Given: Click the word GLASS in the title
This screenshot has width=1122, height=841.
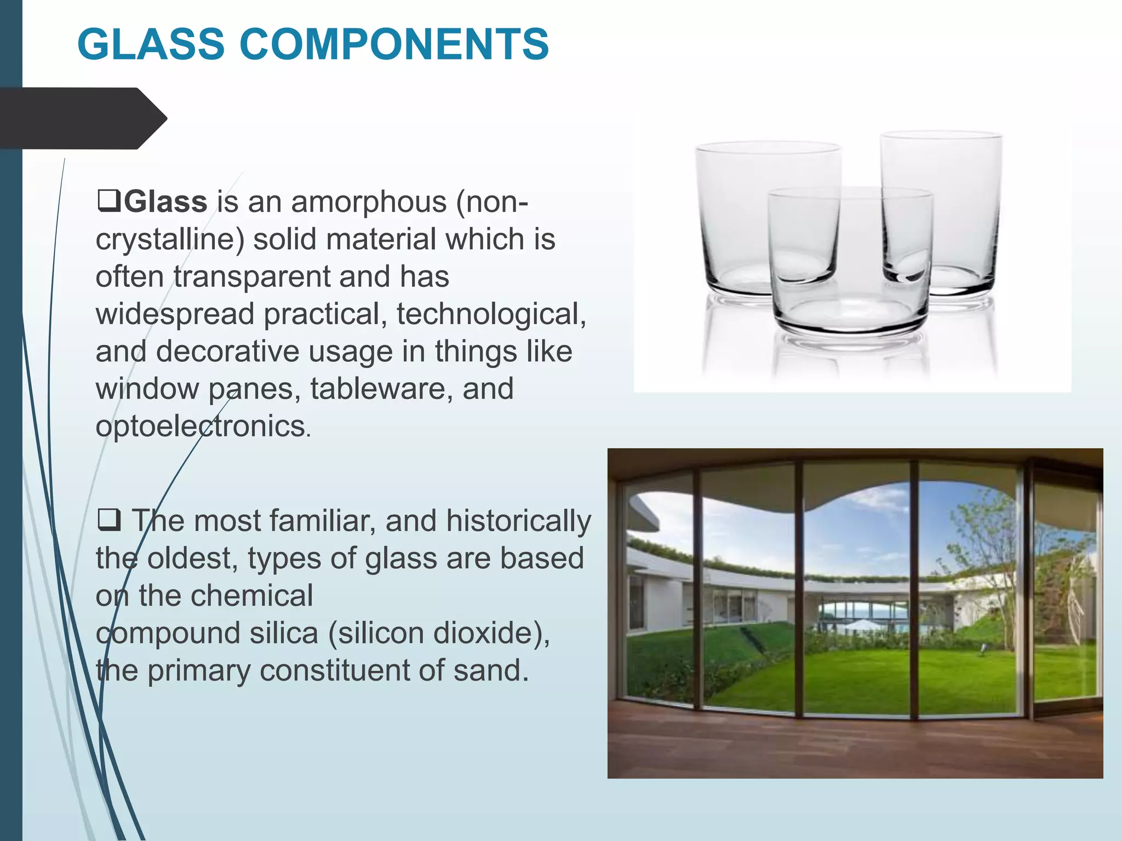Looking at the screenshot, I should [151, 44].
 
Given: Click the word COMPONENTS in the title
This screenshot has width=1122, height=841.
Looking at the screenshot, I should [394, 44].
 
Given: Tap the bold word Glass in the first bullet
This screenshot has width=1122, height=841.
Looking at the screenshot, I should [165, 201].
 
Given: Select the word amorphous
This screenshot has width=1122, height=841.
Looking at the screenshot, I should [369, 201].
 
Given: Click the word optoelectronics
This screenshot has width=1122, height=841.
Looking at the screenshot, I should [201, 426].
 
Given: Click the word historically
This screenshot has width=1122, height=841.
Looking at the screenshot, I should [518, 521].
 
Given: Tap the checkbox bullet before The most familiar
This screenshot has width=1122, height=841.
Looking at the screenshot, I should [108, 519].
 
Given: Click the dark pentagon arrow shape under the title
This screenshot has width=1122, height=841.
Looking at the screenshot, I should [82, 118].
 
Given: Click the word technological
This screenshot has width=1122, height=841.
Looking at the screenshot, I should [491, 314].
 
